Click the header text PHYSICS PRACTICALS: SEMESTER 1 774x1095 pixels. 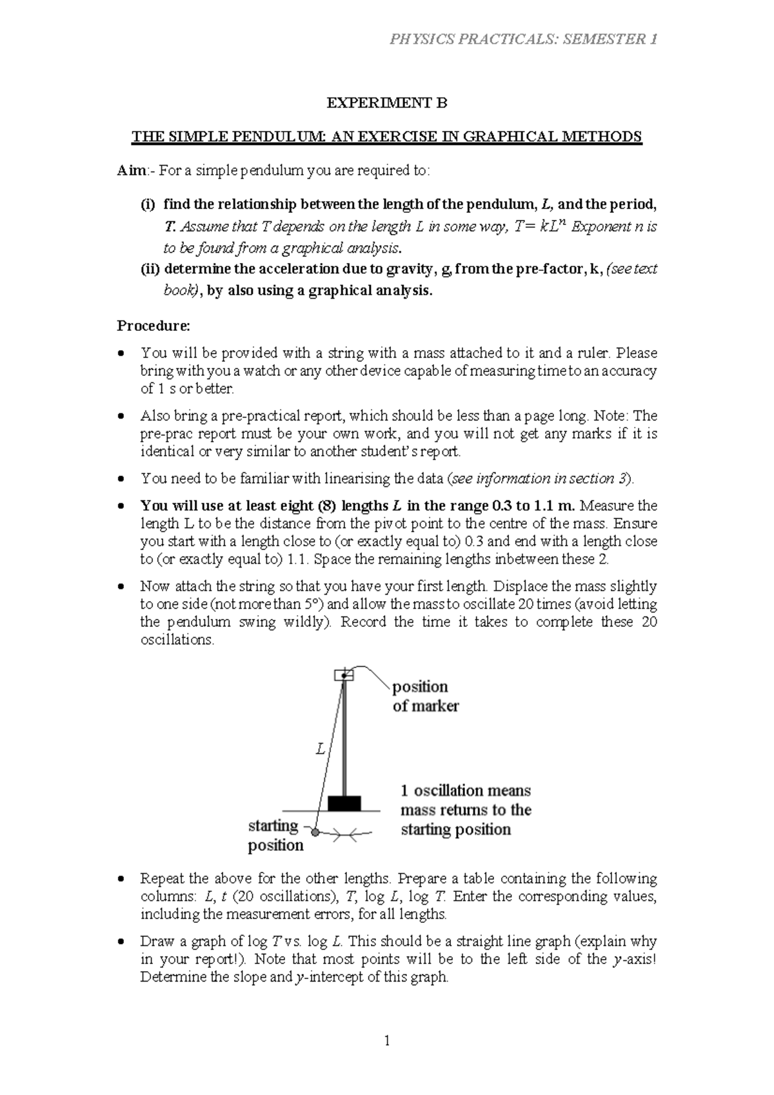(523, 40)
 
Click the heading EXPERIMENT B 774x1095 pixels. (386, 103)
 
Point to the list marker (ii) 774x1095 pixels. (151, 269)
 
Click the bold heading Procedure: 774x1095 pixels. (154, 326)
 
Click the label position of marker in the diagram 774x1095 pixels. (425, 696)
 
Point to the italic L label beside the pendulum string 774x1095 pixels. (320, 749)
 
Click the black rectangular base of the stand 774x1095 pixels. (344, 803)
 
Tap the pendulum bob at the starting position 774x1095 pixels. (315, 833)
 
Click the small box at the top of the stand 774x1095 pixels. (344, 675)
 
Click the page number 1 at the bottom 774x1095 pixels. (387, 1040)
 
